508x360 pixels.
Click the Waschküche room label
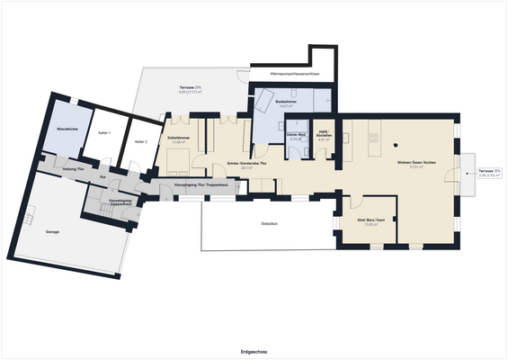click(67, 130)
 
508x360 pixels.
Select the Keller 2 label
click(140, 141)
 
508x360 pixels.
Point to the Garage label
click(53, 231)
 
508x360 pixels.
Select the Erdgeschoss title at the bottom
click(254, 352)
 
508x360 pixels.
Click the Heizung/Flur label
click(75, 168)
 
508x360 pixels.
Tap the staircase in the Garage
click(29, 216)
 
